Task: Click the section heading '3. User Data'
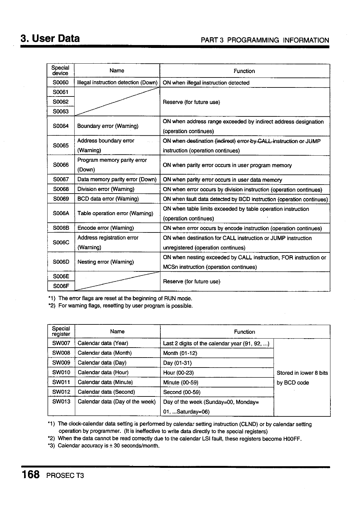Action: [x=50, y=39]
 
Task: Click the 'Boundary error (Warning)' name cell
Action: [x=108, y=126]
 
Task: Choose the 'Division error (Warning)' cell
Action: [x=106, y=189]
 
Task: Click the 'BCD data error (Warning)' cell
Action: [x=108, y=199]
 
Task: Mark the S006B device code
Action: [x=61, y=228]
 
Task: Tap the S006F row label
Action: [x=61, y=286]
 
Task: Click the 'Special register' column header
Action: [x=61, y=331]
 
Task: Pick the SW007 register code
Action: [x=61, y=343]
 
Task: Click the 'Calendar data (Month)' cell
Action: [x=104, y=353]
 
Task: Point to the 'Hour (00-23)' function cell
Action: [x=178, y=373]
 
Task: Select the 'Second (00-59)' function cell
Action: [x=182, y=392]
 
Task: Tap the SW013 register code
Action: [x=61, y=402]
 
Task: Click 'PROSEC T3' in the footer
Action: [x=65, y=475]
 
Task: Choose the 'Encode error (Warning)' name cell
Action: [x=105, y=228]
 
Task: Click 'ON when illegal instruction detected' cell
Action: [x=206, y=83]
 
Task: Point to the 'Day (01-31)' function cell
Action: [x=177, y=363]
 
